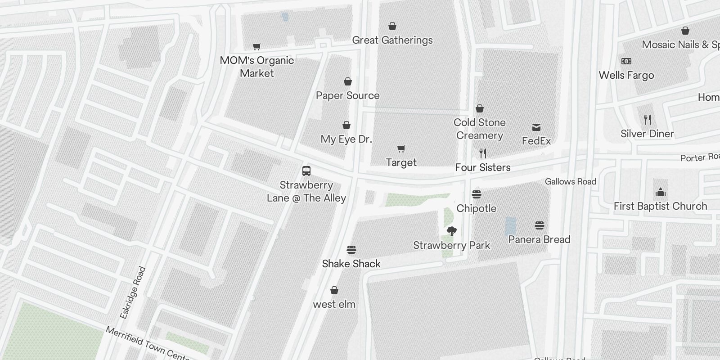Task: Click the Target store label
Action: coord(401,162)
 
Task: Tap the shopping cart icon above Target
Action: coord(401,148)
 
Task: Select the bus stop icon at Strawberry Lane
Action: coord(306,171)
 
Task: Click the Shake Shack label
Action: coord(351,264)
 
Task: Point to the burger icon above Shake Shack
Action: coord(351,250)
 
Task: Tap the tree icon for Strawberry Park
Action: coord(452,231)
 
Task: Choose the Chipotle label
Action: coord(476,208)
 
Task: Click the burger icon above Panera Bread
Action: coord(540,225)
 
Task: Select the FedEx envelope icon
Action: coord(536,127)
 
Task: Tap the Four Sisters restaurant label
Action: coord(482,167)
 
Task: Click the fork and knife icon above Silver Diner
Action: coord(648,120)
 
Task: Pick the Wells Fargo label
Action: coord(626,75)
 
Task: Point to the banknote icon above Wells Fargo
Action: coord(626,61)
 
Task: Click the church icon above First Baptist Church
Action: coord(661,193)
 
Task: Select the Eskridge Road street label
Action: coord(133,292)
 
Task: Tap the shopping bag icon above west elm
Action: coord(334,290)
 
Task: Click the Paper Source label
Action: coord(347,95)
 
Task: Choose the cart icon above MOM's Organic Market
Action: coord(257,46)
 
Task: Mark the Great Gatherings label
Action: coord(392,40)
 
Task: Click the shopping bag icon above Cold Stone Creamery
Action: coord(480,108)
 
